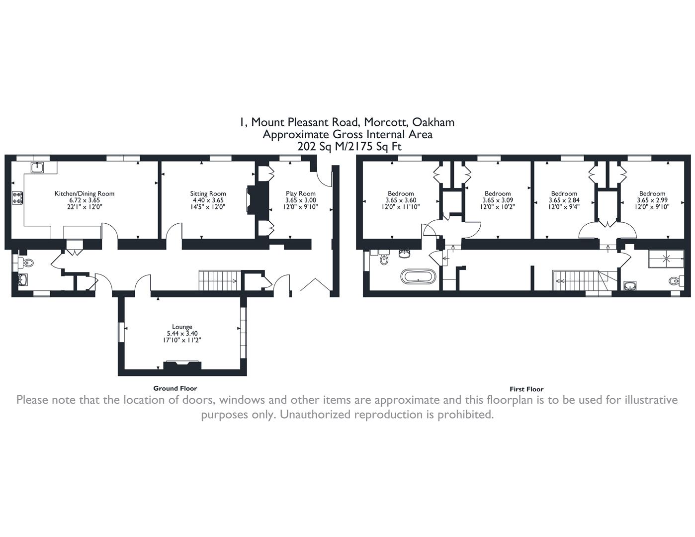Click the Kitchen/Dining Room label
coord(84,193)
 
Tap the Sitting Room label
coord(208,193)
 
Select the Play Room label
coord(301,193)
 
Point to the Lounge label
coord(182,327)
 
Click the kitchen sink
coord(37,167)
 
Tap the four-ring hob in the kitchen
coord(17,197)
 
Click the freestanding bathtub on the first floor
coord(418,276)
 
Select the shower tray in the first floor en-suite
coord(666,259)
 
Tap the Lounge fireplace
coord(182,365)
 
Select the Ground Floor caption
coord(175,388)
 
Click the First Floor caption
coord(526,389)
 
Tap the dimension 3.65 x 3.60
coord(401,200)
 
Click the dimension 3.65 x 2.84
coord(564,200)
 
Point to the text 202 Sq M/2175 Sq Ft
coord(349,147)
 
